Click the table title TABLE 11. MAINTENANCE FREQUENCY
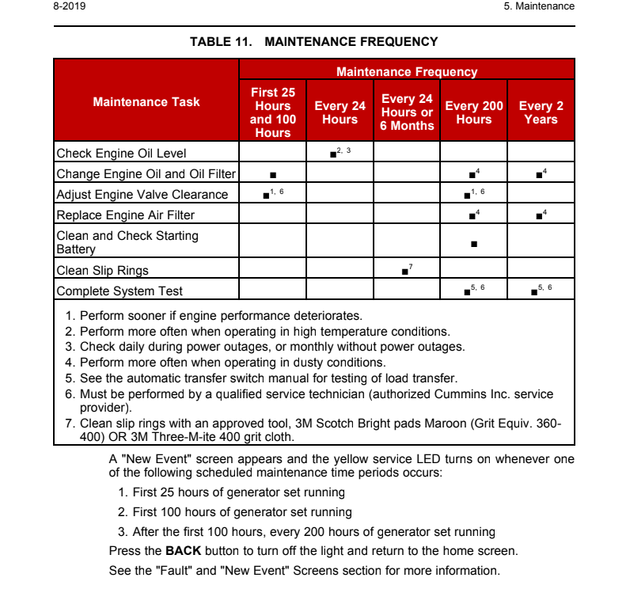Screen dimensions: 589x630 [313, 41]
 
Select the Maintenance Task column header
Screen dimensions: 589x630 [146, 101]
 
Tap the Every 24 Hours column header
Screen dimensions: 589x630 [340, 112]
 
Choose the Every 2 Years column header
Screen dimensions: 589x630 [541, 112]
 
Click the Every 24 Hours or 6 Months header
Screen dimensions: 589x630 [407, 112]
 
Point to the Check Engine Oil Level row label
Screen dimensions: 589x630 [121, 153]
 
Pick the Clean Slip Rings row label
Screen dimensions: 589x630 [102, 270]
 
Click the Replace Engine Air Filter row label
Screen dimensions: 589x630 [125, 215]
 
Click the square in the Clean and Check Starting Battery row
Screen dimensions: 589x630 [473, 244]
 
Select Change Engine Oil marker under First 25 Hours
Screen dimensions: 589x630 [272, 174]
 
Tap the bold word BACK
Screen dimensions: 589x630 [183, 550]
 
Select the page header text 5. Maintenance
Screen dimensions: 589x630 [539, 6]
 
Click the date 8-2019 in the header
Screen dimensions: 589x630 [70, 6]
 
